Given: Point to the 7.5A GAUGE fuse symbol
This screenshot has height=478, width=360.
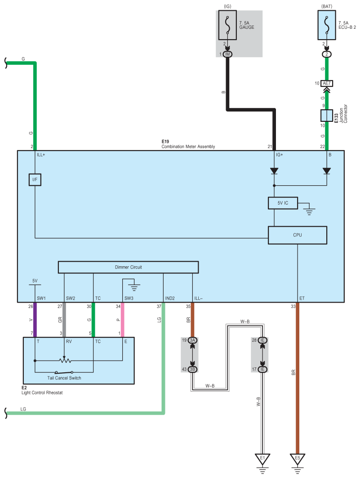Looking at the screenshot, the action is [x=227, y=25].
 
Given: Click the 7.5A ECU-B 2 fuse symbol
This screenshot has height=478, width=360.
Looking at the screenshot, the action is [x=327, y=25].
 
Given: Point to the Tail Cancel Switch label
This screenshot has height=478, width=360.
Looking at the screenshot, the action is [x=64, y=378].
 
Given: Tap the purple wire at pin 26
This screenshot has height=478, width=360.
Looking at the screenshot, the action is [x=35, y=320].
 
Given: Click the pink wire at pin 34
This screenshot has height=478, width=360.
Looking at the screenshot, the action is [x=123, y=320].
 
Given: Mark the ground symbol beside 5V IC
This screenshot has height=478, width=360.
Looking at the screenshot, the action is [x=309, y=211].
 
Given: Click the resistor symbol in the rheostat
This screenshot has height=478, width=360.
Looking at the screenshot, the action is [x=65, y=361].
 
